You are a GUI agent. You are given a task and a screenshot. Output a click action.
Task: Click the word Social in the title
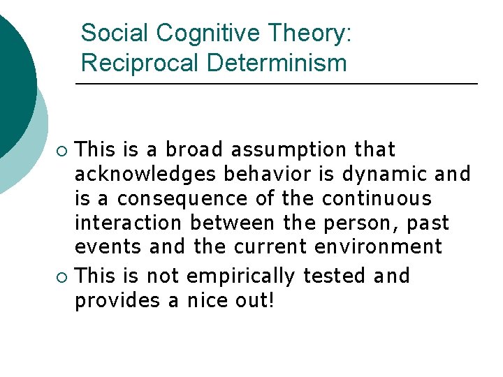(x=115, y=33)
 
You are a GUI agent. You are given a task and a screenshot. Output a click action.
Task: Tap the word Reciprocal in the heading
(x=140, y=64)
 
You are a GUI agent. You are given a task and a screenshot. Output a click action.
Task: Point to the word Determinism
(x=277, y=64)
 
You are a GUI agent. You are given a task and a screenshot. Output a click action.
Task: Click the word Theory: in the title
(x=309, y=33)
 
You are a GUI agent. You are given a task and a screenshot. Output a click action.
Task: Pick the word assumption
(x=289, y=150)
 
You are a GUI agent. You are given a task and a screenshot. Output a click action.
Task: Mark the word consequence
(x=182, y=199)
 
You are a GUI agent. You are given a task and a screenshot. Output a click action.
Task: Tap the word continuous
(x=377, y=199)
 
